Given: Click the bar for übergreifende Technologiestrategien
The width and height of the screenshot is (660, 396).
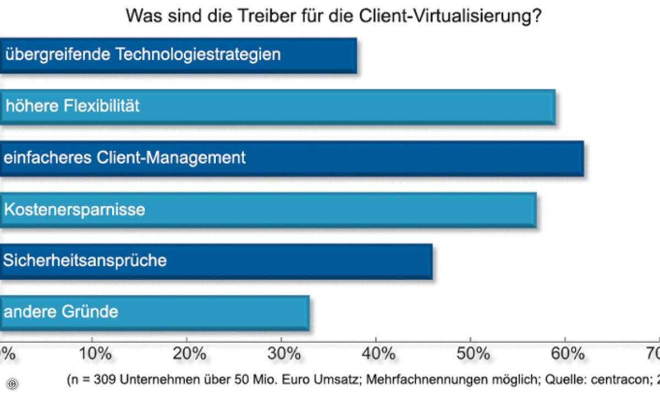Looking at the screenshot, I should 178,55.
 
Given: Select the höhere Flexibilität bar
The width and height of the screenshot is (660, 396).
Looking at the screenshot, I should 277,107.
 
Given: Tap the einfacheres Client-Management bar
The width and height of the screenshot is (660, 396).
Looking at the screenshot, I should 291,158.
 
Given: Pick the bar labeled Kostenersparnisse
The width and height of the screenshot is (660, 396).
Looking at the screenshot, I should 268,210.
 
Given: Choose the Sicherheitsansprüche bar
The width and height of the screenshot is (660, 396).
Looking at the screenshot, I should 216,261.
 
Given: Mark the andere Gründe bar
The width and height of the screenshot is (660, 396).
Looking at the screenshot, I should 155,312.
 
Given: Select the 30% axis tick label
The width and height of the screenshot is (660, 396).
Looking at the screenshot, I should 282,354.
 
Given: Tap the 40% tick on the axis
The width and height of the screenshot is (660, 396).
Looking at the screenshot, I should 376,354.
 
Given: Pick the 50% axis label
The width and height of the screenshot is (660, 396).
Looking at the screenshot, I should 471,354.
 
